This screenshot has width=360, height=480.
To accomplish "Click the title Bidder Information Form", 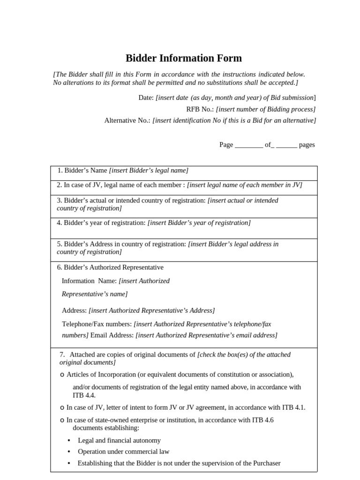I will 184,59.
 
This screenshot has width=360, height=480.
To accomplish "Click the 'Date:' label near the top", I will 146,97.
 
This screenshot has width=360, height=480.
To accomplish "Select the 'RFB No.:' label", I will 200,109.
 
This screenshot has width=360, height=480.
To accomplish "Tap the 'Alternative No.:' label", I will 127,120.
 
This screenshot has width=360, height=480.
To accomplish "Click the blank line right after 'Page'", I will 248,145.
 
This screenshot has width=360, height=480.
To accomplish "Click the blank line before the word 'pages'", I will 286,145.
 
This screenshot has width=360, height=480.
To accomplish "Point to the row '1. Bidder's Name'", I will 123,171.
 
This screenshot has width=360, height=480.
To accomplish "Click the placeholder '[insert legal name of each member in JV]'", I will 245,185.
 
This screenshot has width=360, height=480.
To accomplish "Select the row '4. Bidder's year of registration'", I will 153,223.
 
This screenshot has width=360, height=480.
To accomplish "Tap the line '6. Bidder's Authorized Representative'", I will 110,268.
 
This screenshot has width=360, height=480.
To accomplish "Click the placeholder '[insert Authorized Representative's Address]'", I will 152,311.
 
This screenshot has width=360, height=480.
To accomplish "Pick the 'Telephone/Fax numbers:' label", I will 97,324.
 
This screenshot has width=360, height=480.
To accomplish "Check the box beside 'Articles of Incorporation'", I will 62,375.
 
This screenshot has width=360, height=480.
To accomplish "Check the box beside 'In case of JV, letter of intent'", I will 62,408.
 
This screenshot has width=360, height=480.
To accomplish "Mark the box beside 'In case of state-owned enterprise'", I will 62,420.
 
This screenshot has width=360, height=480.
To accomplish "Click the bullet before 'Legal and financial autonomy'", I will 69,441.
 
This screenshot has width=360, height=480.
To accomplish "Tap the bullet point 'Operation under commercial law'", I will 123,452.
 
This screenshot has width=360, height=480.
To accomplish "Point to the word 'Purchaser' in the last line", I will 266,464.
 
